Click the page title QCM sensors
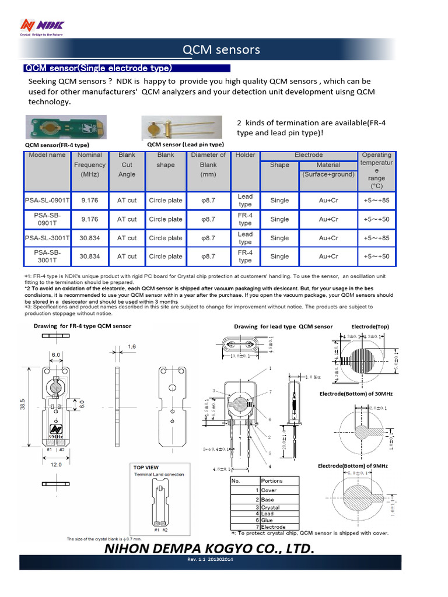click(222, 50)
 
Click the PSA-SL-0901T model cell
click(47, 201)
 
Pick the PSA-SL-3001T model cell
click(47, 238)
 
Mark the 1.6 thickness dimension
click(133, 346)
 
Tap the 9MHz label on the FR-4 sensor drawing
click(57, 436)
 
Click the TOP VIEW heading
click(146, 468)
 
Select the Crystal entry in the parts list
click(271, 507)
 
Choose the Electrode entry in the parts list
click(273, 526)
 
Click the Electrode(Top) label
click(369, 326)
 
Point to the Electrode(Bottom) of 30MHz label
click(355, 394)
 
